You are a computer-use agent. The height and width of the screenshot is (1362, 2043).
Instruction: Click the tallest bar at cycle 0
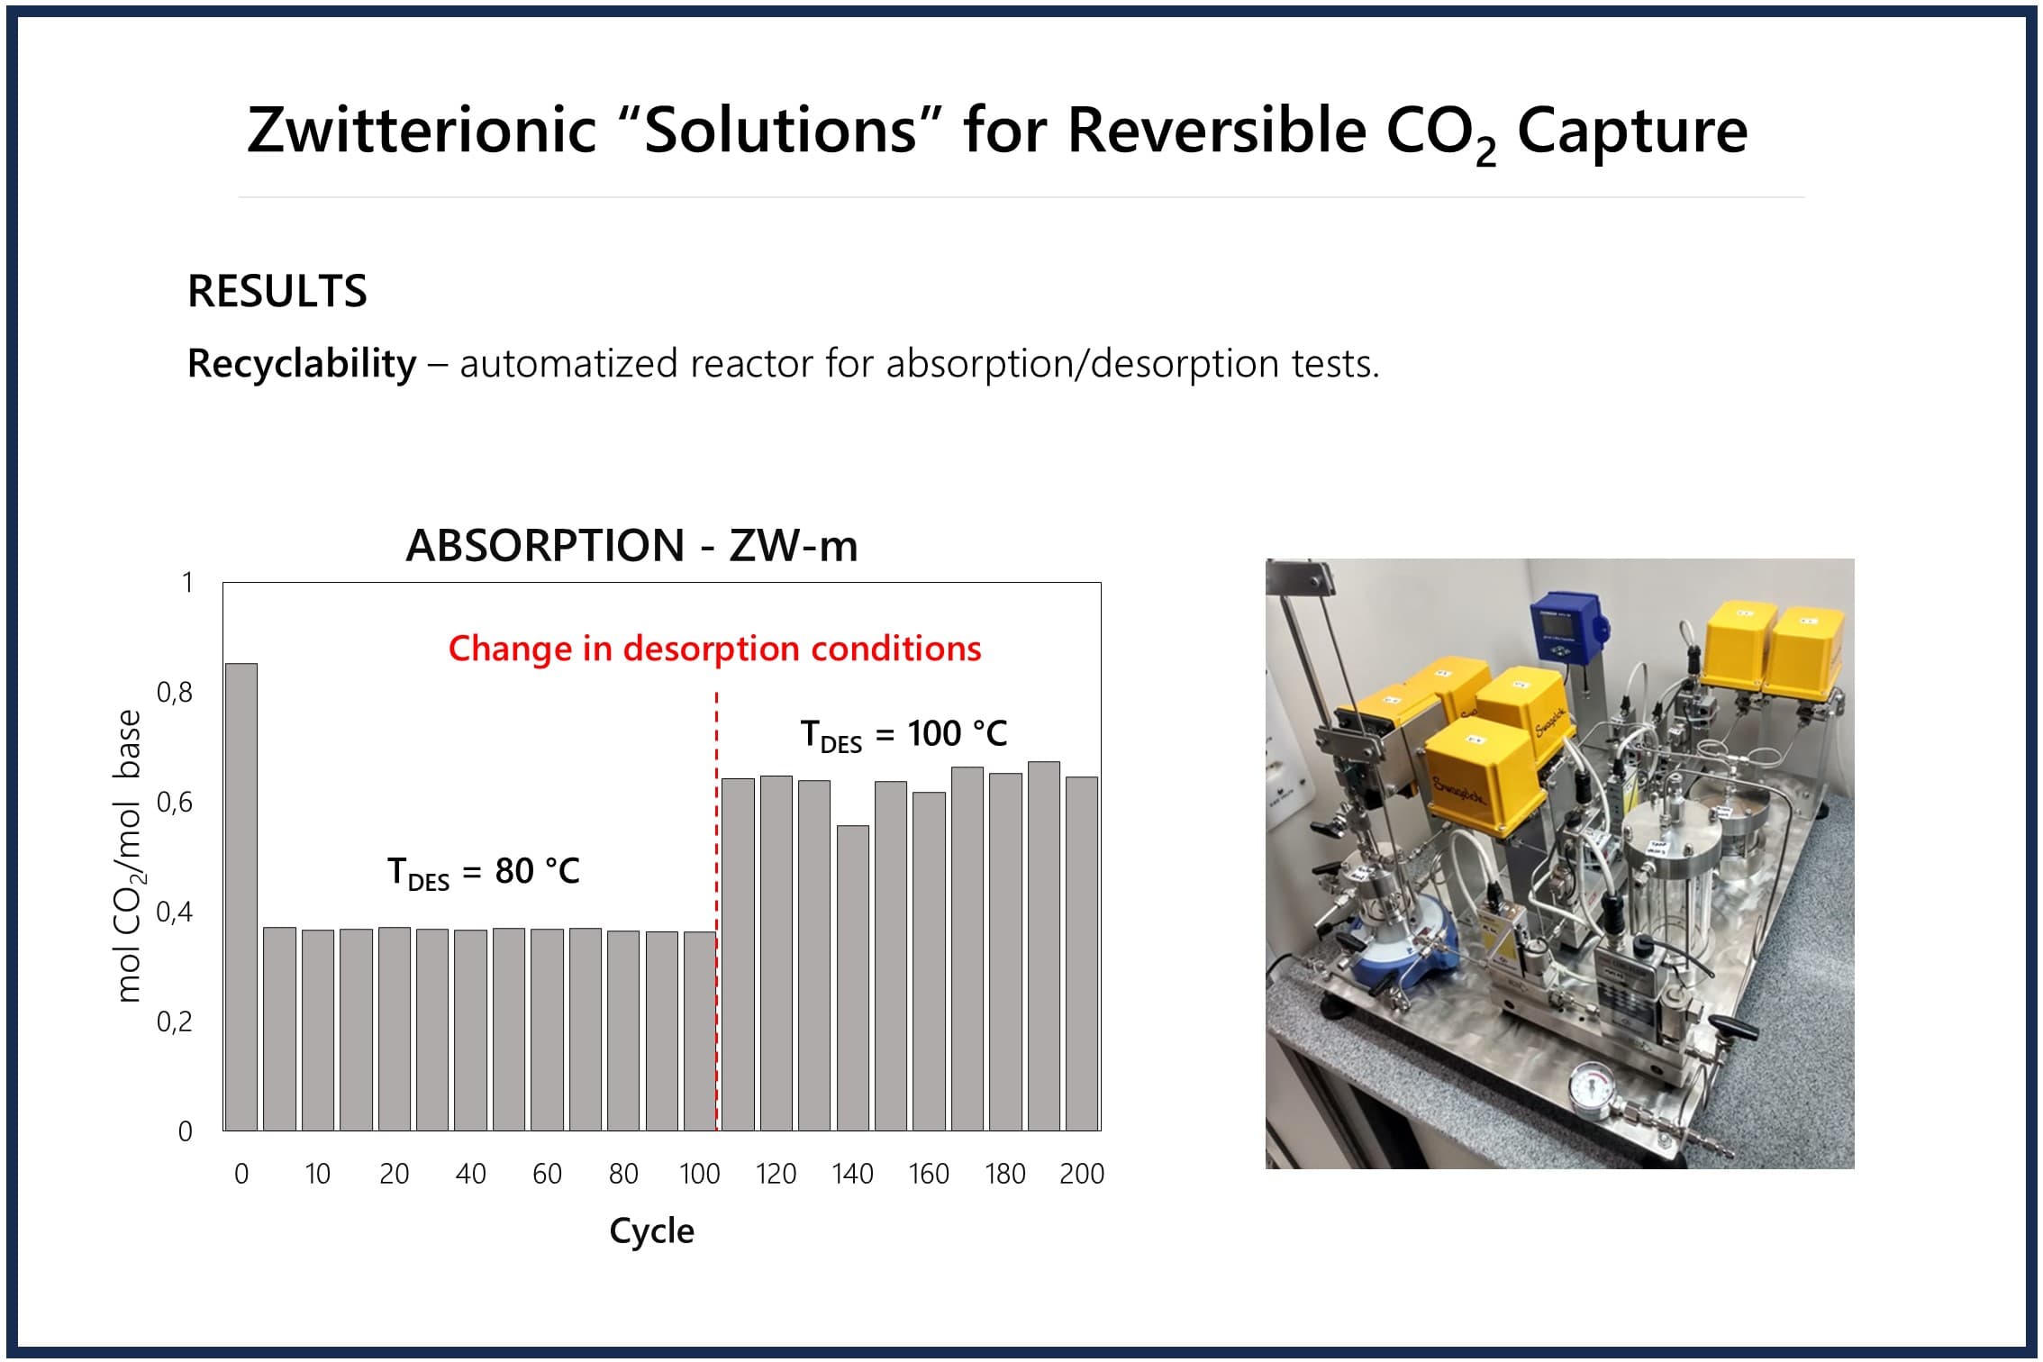(x=241, y=896)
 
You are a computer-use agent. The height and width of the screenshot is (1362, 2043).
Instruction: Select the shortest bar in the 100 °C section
(x=852, y=977)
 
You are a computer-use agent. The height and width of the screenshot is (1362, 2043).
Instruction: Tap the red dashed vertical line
(x=717, y=911)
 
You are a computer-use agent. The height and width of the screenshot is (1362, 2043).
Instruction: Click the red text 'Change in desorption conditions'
(x=714, y=649)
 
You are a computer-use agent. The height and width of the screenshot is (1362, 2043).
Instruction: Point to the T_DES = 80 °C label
(x=484, y=873)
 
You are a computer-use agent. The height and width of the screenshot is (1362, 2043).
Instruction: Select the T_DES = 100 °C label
(x=903, y=735)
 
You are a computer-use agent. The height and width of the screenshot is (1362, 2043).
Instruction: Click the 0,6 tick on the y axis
(x=175, y=802)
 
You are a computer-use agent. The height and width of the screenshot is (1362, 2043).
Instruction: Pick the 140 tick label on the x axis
(x=852, y=1174)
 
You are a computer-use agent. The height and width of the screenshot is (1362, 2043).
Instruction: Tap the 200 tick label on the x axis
(x=1082, y=1174)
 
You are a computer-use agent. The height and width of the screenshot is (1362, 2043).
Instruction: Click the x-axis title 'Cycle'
(x=651, y=1231)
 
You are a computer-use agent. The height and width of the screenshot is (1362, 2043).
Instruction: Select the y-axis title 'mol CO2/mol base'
(x=130, y=856)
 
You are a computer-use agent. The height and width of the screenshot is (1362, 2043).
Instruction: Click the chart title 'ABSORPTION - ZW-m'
(x=631, y=546)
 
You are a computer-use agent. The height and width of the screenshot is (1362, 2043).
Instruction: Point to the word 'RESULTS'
(x=277, y=291)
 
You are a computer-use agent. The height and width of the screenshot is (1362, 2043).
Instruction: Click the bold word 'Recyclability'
(x=302, y=364)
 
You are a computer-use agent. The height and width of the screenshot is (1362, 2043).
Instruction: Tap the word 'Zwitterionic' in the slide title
(x=422, y=130)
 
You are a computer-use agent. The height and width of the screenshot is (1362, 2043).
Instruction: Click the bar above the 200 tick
(x=1082, y=954)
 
